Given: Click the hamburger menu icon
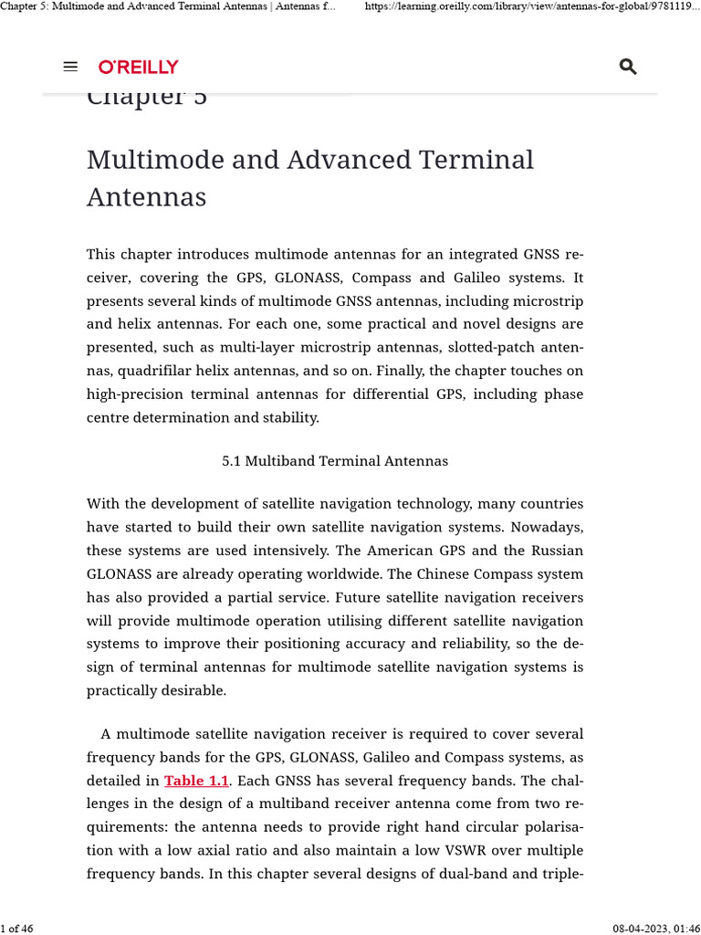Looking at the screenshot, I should [70, 67].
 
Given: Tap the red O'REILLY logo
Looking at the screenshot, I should [138, 67].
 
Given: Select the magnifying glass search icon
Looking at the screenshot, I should [627, 67].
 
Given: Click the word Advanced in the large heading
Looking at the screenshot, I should [350, 159].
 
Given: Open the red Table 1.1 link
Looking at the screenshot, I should [196, 781].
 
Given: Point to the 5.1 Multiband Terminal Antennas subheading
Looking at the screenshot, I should [335, 461].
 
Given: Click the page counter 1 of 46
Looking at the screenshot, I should [17, 928].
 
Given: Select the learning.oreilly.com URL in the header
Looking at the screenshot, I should [532, 7].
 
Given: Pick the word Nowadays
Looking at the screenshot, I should [547, 527].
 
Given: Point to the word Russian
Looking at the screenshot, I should [554, 551].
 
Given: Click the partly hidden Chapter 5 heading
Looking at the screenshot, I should [147, 98].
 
